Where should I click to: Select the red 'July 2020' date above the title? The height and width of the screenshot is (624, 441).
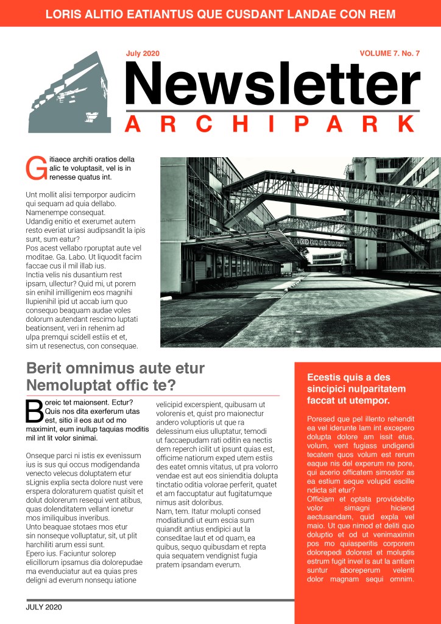143,54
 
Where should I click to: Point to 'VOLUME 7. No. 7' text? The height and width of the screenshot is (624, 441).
390,54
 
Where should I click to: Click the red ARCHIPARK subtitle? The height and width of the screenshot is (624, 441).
273,124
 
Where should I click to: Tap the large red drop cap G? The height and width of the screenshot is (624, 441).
37,168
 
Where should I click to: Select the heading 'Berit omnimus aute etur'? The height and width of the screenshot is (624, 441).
115,369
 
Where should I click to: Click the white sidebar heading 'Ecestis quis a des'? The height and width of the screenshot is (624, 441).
348,378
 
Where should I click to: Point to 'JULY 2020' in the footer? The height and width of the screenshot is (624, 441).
44,607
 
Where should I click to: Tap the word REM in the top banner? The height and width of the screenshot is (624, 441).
382,14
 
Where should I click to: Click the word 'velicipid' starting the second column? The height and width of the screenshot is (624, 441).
172,404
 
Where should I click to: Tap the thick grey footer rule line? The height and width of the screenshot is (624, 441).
160,600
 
